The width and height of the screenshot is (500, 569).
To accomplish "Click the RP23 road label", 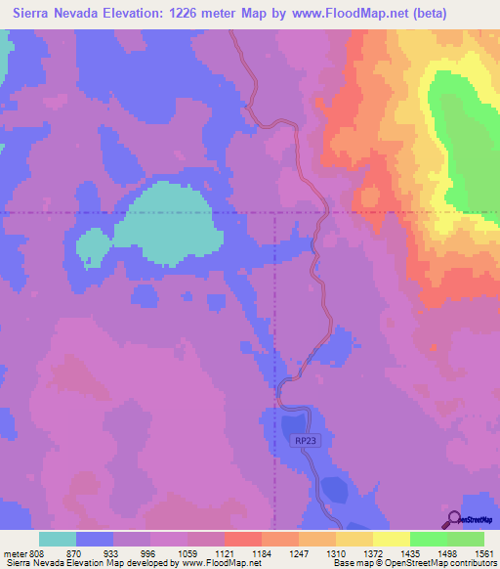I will tap(306, 441).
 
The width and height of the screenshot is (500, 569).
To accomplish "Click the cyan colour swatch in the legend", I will tap(58, 539).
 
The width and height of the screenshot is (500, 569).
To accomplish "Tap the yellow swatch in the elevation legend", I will tap(392, 539).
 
